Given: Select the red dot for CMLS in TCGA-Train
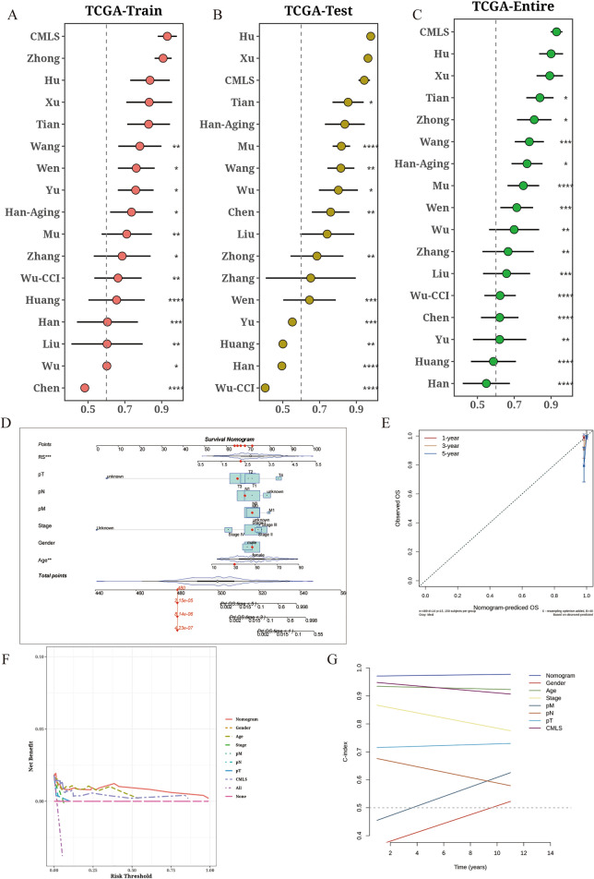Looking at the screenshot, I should click(x=166, y=36).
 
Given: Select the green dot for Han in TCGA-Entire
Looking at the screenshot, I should click(x=487, y=382).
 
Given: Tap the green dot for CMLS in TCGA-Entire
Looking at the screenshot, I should click(x=556, y=31).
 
